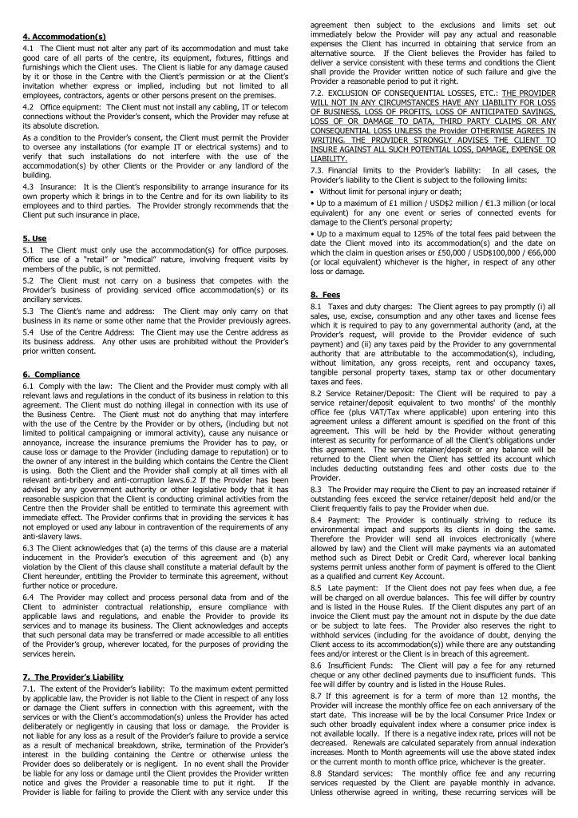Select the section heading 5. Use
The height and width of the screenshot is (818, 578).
(36, 237)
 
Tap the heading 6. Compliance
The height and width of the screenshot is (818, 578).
(52, 374)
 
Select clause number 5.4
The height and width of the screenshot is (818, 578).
(30, 332)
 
